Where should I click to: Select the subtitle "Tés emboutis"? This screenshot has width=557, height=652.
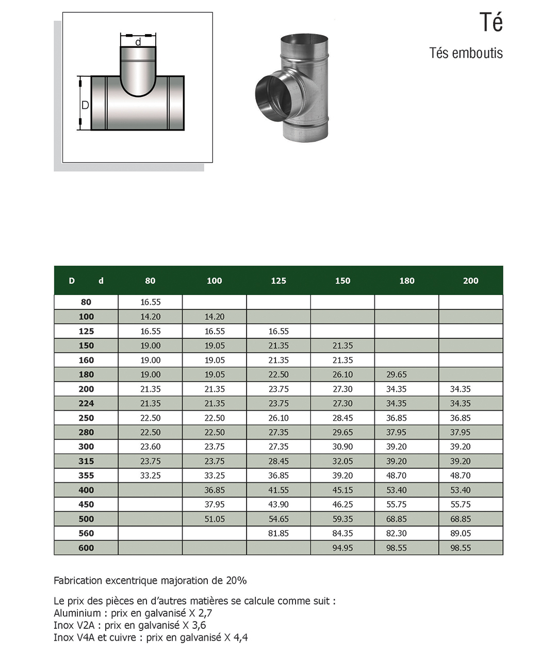[x=466, y=53]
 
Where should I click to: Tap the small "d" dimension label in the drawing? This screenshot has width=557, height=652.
[x=138, y=42]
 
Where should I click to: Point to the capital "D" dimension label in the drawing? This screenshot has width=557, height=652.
[x=86, y=105]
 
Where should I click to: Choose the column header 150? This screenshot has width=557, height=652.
[x=342, y=281]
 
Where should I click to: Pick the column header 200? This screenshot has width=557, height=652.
[x=470, y=281]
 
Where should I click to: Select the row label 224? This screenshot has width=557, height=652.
[x=86, y=403]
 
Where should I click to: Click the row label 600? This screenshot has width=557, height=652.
[x=86, y=548]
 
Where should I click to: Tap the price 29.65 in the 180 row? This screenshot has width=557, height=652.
[x=396, y=374]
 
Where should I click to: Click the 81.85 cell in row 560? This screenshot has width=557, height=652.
[x=278, y=533]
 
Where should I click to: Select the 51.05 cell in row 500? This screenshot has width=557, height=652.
[x=215, y=519]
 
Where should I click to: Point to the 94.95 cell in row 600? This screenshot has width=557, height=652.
[x=342, y=548]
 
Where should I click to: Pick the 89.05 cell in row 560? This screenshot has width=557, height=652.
[x=461, y=533]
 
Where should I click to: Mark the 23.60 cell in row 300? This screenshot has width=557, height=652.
[x=151, y=447]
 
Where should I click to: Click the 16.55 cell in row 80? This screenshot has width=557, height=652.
[x=151, y=302]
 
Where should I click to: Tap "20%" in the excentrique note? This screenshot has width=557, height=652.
[x=236, y=581]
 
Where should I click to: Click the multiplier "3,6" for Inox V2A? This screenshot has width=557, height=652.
[x=199, y=626]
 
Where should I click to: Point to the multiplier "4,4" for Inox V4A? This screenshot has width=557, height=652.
[x=240, y=638]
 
